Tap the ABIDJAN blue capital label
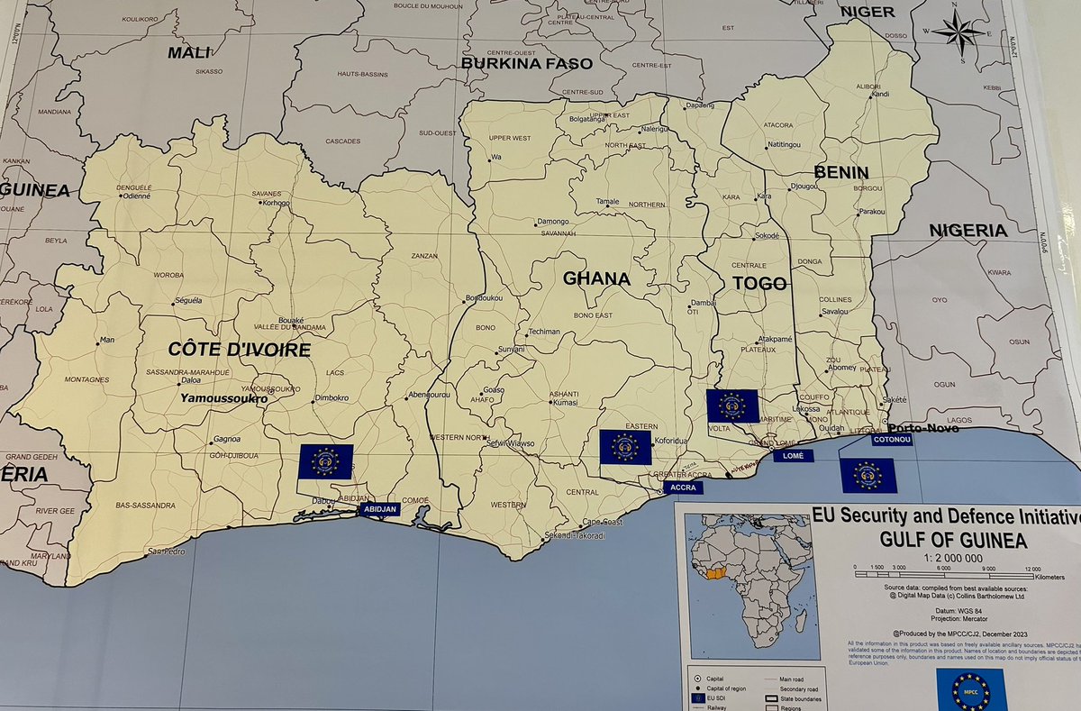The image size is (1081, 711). (x=379, y=509)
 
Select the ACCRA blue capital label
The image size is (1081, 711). (x=681, y=487)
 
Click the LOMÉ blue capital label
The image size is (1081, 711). (x=793, y=456)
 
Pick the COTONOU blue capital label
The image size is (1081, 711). (x=892, y=439)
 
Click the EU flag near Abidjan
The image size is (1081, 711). (x=325, y=461)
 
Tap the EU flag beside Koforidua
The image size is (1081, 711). (x=625, y=447)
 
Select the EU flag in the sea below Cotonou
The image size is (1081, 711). (x=868, y=475)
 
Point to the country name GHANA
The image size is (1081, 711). (x=596, y=278)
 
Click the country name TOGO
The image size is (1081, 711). (x=760, y=283)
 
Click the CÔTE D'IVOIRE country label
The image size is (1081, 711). (x=240, y=350)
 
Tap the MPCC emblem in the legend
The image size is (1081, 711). (x=970, y=689)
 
